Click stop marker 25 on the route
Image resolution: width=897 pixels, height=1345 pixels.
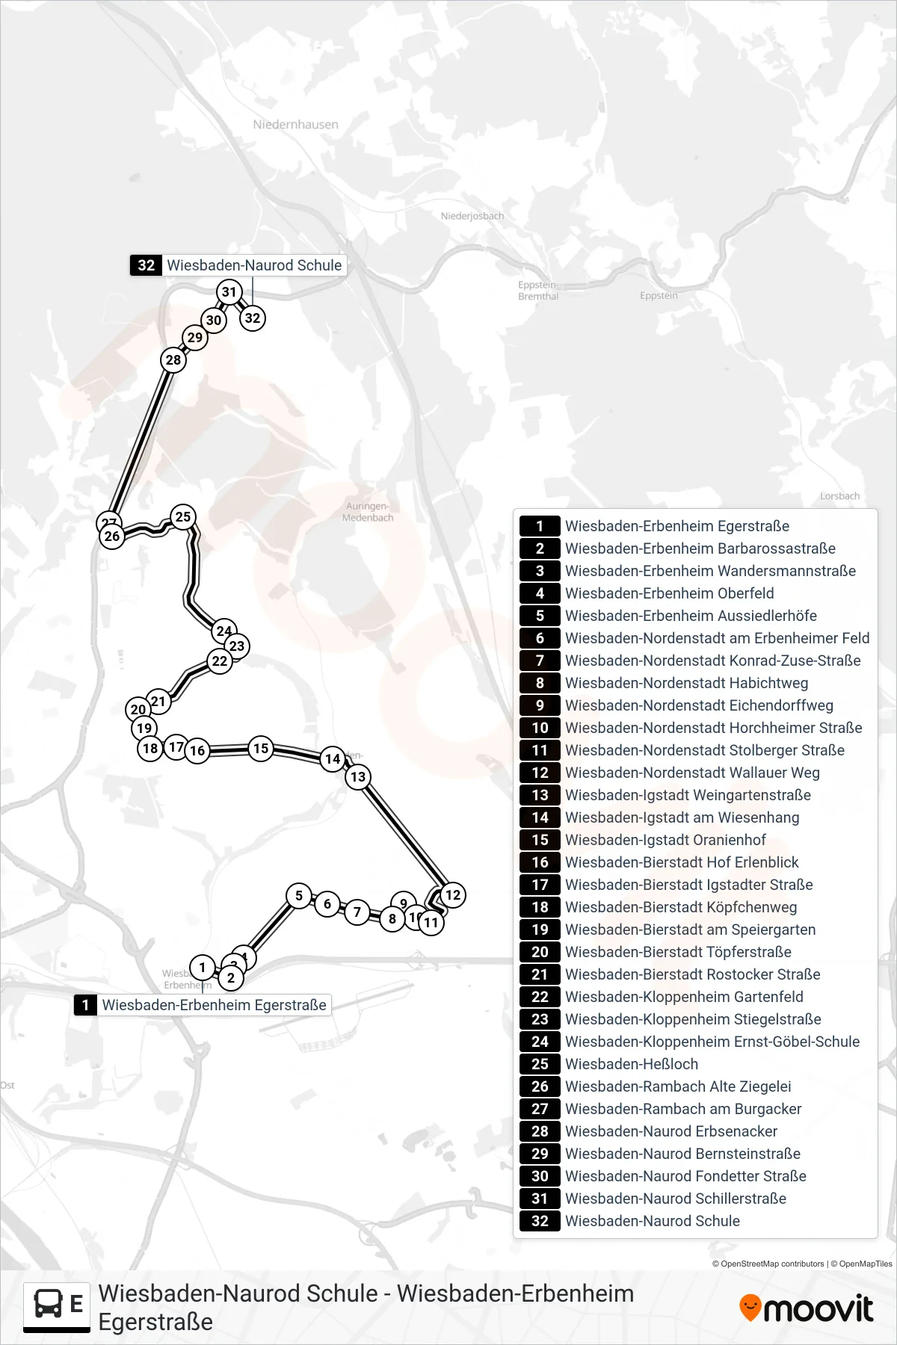click(183, 516)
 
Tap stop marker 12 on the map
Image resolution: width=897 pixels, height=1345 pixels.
click(453, 894)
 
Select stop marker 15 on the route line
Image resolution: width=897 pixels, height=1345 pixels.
click(261, 748)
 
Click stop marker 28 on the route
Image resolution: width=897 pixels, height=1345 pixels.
click(173, 360)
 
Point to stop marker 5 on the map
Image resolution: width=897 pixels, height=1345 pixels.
click(299, 895)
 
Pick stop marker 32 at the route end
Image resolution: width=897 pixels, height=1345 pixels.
click(253, 318)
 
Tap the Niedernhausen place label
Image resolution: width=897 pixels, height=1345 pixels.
click(295, 125)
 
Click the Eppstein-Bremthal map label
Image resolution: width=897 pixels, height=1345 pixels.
click(538, 291)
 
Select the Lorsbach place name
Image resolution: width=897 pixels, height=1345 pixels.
click(839, 496)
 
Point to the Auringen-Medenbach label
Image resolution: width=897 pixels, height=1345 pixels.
click(368, 512)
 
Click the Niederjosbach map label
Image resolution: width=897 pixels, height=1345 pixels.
click(472, 216)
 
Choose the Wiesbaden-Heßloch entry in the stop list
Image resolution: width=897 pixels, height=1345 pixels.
click(632, 1064)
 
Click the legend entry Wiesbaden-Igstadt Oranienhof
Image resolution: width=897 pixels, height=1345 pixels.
click(665, 840)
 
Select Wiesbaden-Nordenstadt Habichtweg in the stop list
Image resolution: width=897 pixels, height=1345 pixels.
click(686, 683)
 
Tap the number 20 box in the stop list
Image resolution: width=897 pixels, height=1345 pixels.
click(540, 952)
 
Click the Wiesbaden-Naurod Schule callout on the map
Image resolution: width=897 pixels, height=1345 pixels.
click(238, 265)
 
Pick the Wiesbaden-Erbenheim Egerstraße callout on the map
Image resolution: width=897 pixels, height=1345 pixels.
click(202, 1005)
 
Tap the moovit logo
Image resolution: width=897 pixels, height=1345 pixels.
click(806, 1308)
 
